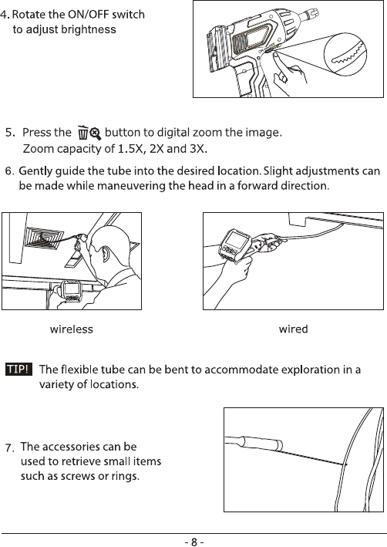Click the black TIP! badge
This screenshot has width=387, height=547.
pyautogui.click(x=19, y=369)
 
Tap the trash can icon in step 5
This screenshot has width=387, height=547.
pyautogui.click(x=82, y=133)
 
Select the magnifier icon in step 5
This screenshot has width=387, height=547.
pyautogui.click(x=95, y=133)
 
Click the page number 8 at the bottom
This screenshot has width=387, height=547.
pyautogui.click(x=194, y=542)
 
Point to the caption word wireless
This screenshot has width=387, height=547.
pyautogui.click(x=72, y=329)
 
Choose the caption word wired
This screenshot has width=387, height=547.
pyautogui.click(x=293, y=329)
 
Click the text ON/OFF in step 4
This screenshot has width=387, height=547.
pyautogui.click(x=88, y=15)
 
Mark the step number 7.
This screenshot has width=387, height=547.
pyautogui.click(x=10, y=448)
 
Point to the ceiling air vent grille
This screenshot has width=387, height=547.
pyautogui.click(x=44, y=238)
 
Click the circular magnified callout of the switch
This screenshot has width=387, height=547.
pyautogui.click(x=345, y=53)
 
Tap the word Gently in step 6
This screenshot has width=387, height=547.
pyautogui.click(x=35, y=171)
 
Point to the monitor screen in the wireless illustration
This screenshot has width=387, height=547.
pyautogui.click(x=71, y=289)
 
